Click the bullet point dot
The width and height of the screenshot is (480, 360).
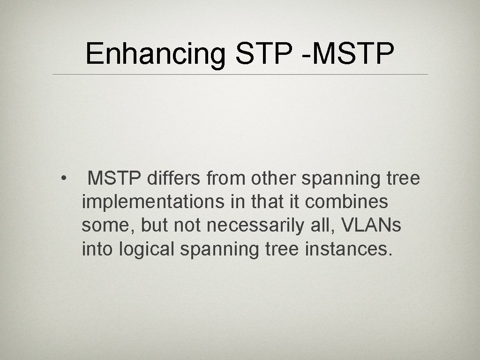(62, 179)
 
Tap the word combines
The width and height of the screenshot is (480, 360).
(346, 202)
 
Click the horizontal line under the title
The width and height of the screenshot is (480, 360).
(240, 75)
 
